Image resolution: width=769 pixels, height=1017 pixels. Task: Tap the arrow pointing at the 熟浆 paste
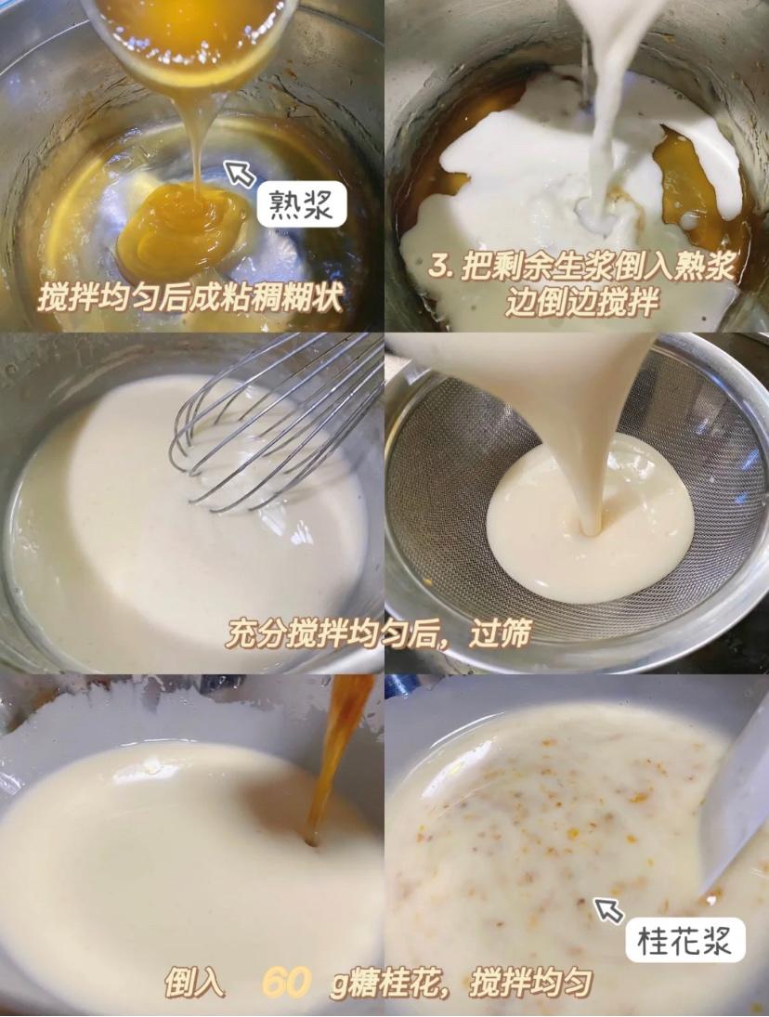coord(241,174)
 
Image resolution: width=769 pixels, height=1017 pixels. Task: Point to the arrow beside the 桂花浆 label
coord(608,909)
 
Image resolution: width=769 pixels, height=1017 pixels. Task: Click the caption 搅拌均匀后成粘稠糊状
coord(190,298)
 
